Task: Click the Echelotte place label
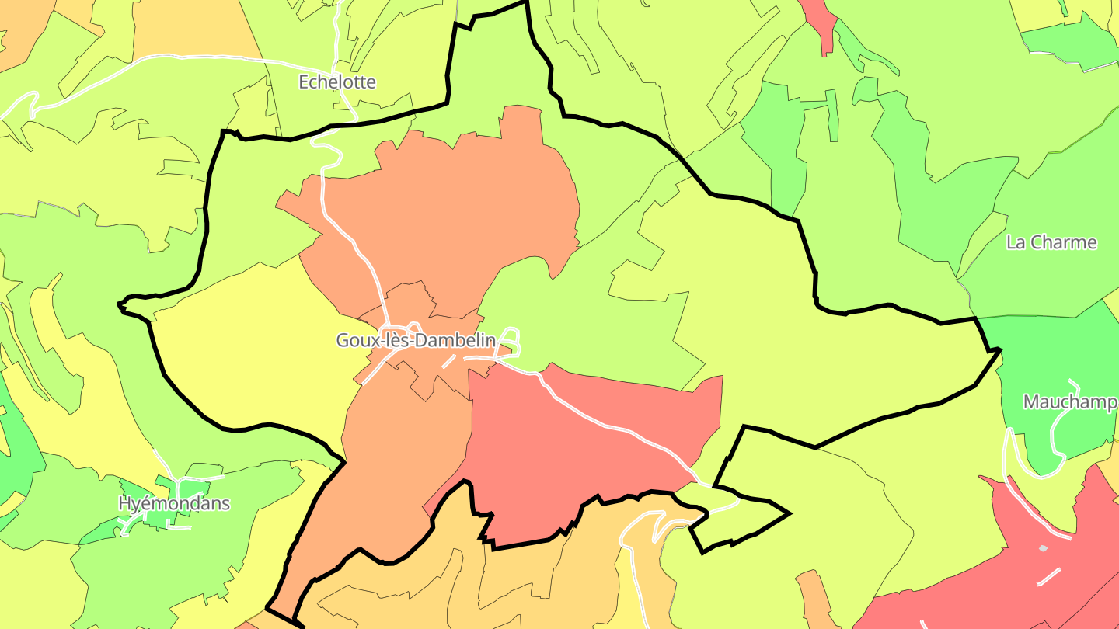[x=337, y=82]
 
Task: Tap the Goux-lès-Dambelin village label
[x=416, y=340]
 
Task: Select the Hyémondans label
[x=174, y=503]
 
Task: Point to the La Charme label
[x=1051, y=242]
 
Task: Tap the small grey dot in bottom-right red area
[x=1043, y=548]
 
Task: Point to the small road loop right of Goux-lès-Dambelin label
[x=511, y=339]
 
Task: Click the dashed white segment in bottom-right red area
[x=1048, y=577]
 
